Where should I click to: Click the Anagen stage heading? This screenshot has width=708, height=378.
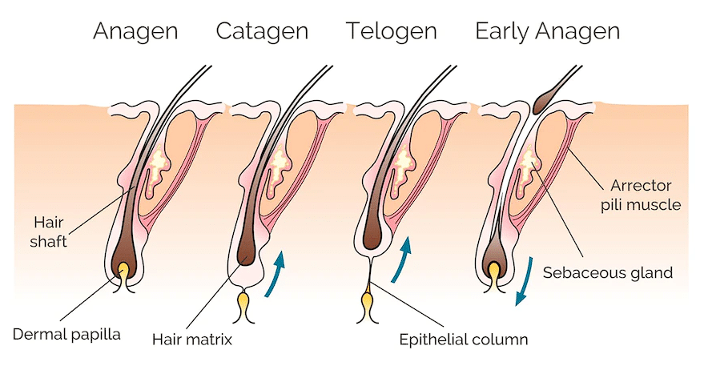click(135, 31)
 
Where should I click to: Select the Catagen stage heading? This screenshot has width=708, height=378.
click(262, 31)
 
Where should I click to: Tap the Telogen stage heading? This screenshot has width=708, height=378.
click(392, 31)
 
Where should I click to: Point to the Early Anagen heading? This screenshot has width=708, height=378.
click(547, 31)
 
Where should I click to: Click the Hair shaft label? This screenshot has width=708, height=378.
click(49, 230)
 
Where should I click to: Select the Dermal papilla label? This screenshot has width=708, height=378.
click(66, 333)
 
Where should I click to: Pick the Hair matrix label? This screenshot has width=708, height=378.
click(192, 338)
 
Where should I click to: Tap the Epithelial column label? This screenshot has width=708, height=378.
click(464, 338)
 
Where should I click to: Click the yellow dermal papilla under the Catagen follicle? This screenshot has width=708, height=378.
click(244, 305)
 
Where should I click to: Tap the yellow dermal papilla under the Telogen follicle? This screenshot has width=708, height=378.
click(368, 304)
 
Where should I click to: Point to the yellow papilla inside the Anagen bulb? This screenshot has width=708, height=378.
click(124, 273)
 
